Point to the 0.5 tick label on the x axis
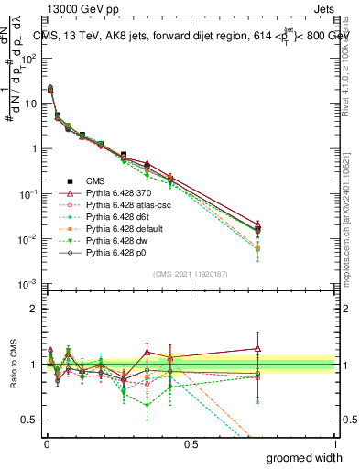(x=191, y=443)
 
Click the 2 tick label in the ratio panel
(x=33, y=309)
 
